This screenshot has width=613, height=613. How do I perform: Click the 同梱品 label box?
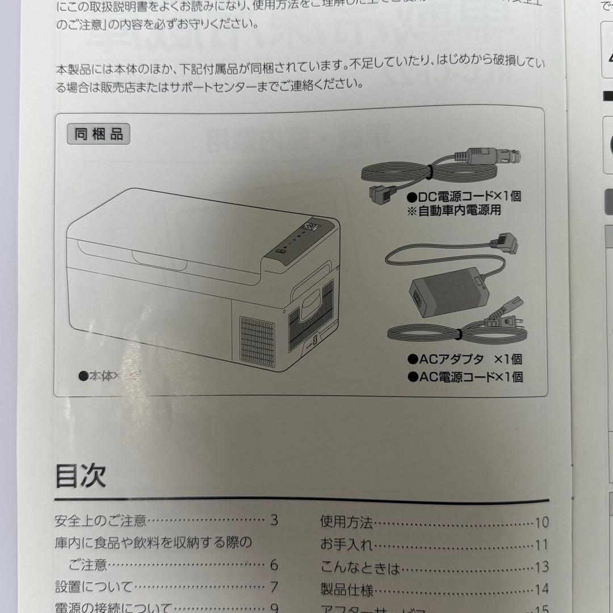point(98,135)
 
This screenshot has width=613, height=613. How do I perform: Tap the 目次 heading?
point(81,475)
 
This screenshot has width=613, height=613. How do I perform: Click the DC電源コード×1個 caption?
point(464,196)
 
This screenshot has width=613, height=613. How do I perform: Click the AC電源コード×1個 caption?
point(465,376)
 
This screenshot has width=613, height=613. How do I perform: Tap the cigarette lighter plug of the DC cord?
point(493,156)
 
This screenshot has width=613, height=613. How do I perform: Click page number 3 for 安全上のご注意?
point(274,519)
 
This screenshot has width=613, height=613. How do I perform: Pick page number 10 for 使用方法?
point(541,522)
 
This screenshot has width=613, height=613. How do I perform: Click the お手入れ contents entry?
point(347,545)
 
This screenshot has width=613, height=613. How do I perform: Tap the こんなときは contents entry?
point(360,567)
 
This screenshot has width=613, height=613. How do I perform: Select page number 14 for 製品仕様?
point(541,590)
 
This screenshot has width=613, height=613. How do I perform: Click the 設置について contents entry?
point(94,586)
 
